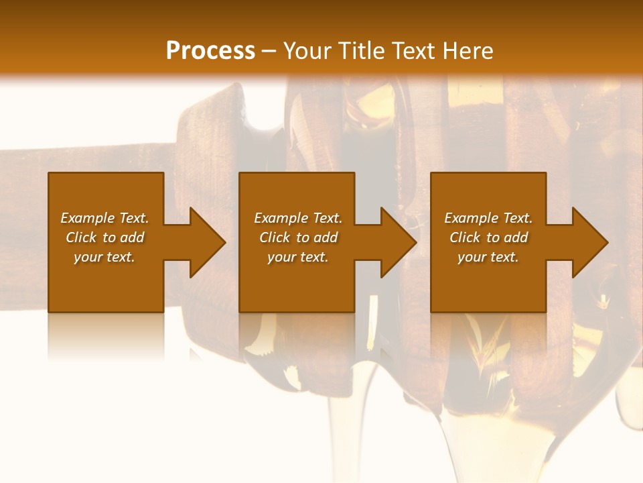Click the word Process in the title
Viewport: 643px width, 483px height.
pos(210,51)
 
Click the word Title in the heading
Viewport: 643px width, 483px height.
pos(360,51)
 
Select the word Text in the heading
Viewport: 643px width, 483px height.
pos(413,51)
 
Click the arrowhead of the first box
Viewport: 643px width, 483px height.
pos(207,242)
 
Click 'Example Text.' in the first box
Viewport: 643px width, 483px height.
pos(104,218)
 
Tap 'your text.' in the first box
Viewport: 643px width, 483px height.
pos(104,257)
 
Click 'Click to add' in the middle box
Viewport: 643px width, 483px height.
pos(298,237)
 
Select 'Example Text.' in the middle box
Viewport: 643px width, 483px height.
pos(298,218)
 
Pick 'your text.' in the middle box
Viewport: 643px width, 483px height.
pos(298,257)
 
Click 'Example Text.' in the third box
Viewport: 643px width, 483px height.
pos(488,218)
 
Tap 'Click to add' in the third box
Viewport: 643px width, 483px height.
pos(488,237)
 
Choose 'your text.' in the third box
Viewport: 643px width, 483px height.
pos(488,257)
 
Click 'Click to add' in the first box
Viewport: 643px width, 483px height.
pos(104,237)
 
